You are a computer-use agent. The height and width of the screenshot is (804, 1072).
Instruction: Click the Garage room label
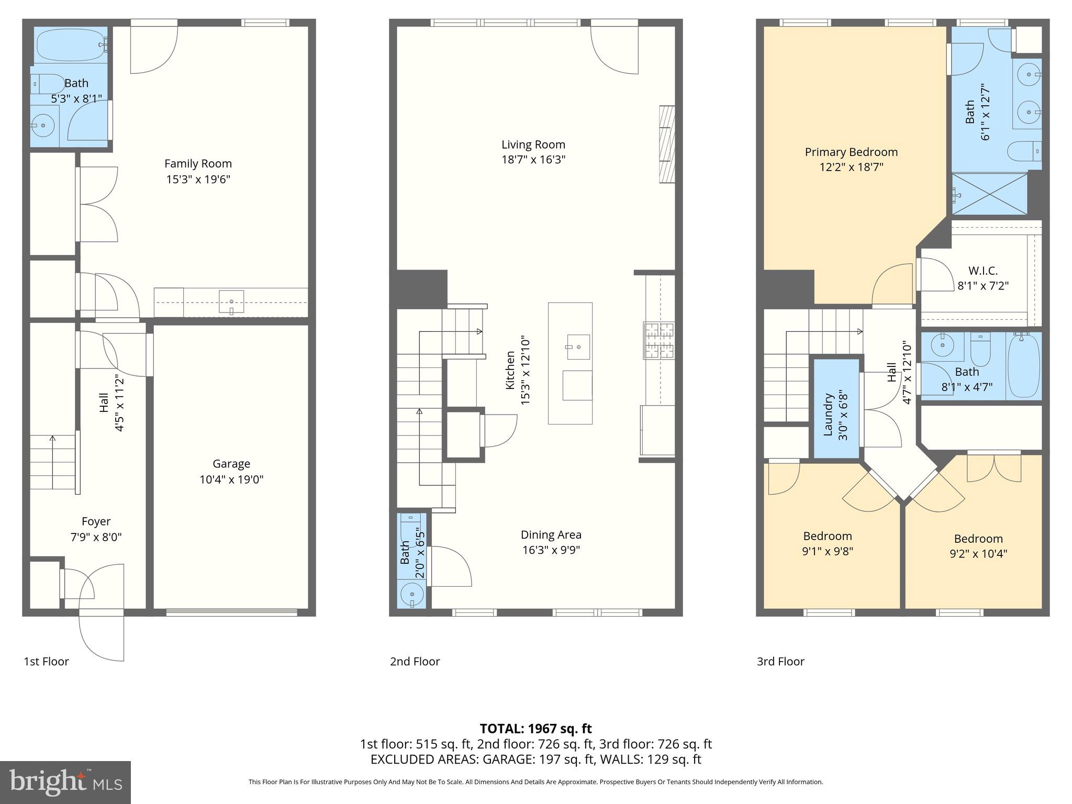pos(231,464)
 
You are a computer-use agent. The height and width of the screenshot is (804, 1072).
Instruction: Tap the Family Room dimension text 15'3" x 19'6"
pos(198,180)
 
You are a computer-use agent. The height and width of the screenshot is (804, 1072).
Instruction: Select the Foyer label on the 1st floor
pos(96,521)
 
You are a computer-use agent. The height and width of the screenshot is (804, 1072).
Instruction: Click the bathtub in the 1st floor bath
pos(70,45)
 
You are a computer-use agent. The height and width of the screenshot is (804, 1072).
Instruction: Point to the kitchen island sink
pos(578,347)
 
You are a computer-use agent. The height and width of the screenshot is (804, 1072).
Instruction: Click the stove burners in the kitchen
pos(658,341)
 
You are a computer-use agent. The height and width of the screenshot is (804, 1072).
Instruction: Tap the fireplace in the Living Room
pos(666,144)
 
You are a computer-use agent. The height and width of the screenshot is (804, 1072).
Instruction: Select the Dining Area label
pos(551,535)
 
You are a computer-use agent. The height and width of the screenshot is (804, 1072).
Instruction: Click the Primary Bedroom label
pos(851,152)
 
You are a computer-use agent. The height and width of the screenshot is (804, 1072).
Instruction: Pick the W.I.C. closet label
pos(982,271)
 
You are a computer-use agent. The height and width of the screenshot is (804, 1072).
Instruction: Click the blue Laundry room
pos(836,408)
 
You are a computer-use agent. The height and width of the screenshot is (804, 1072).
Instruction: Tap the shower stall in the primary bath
pos(989,194)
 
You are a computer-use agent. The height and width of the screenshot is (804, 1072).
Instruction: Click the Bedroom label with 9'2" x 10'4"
pos(978,539)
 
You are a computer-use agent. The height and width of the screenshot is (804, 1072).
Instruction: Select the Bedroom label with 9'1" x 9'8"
pos(827,537)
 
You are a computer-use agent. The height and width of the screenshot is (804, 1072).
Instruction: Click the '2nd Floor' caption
pos(415,662)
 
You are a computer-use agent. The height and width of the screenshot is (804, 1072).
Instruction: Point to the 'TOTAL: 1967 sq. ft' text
pos(535,729)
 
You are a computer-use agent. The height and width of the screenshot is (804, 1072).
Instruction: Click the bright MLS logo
pos(65,782)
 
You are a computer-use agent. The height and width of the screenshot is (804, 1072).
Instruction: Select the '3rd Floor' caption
pos(780,662)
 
